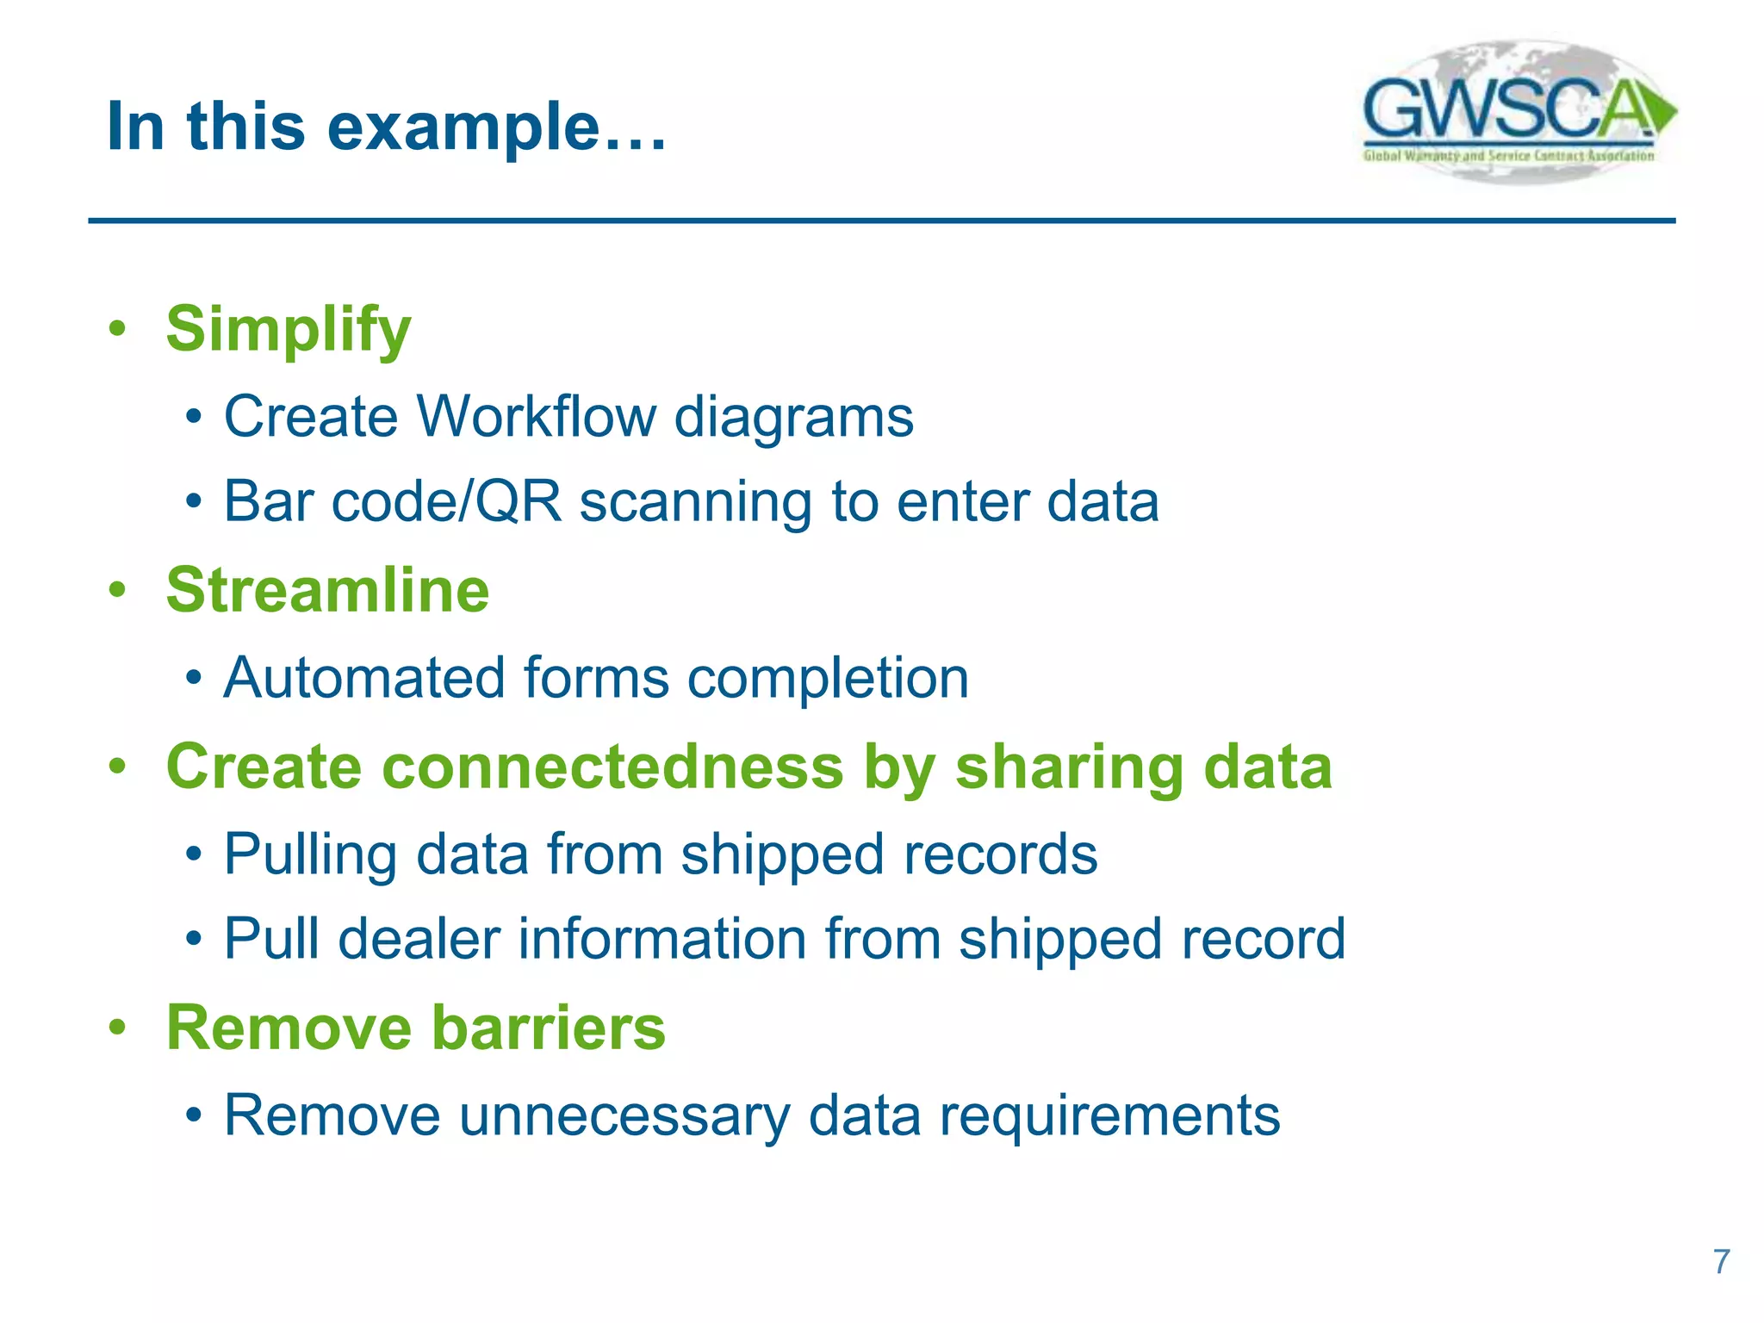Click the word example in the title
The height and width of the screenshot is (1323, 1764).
click(x=463, y=127)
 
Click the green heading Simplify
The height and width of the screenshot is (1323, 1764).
click(x=289, y=330)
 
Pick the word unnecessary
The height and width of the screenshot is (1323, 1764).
click(x=624, y=1116)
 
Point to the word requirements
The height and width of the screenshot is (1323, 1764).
click(x=1109, y=1117)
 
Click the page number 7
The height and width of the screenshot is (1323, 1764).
click(x=1721, y=1262)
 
